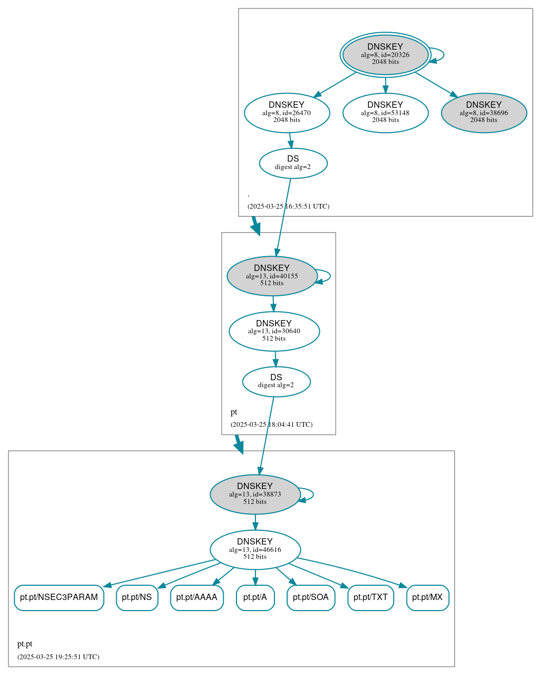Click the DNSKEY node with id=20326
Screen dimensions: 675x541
(385, 55)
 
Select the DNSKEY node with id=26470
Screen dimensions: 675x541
(287, 112)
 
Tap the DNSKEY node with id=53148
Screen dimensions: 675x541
(385, 112)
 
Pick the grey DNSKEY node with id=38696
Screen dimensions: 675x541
(483, 112)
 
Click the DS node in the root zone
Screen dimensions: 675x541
(293, 163)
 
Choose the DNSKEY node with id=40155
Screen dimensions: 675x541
(272, 276)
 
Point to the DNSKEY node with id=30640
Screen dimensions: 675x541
(274, 331)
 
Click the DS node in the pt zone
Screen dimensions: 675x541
(276, 381)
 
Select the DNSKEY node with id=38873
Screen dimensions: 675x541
(255, 494)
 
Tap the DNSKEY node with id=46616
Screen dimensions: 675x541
(255, 549)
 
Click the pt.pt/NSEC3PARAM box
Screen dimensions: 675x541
(59, 597)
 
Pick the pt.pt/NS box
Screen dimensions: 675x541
(137, 597)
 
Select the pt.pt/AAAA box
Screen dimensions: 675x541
(197, 597)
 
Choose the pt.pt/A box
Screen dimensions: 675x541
(255, 597)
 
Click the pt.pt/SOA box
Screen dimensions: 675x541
(311, 597)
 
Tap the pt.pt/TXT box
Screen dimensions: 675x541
(371, 597)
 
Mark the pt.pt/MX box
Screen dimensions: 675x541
(428, 597)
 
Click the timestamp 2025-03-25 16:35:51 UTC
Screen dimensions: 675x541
(288, 207)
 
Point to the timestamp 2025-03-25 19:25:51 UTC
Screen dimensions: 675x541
(58, 657)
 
